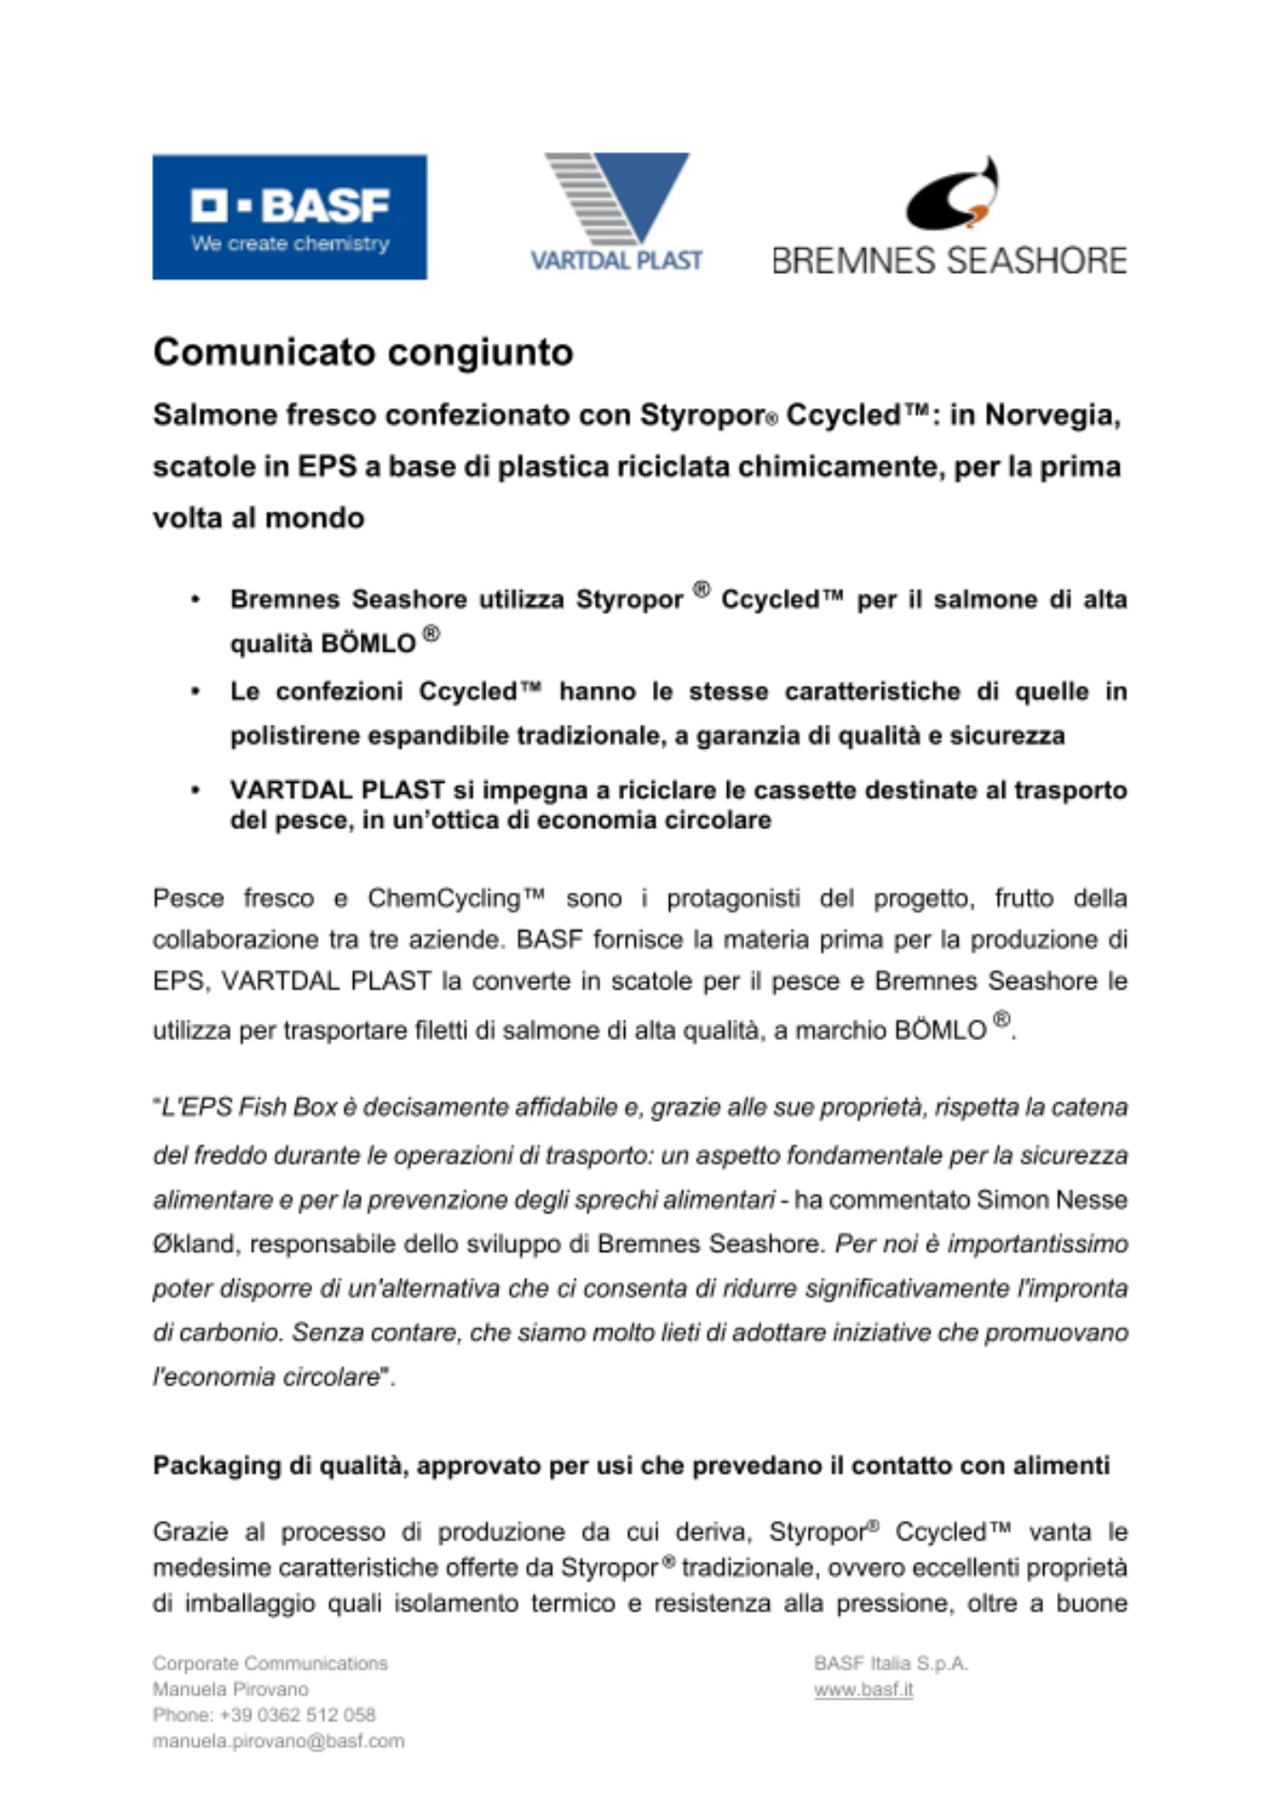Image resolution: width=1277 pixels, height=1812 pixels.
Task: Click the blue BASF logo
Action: (290, 217)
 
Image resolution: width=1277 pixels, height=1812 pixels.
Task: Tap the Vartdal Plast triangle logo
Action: (618, 199)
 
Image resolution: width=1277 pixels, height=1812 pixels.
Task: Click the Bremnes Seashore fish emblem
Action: (953, 194)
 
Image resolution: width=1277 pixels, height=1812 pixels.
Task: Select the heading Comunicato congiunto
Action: (363, 352)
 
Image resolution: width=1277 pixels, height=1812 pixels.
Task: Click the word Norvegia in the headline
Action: (1052, 415)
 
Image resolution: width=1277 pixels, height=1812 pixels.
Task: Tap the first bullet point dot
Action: (195, 600)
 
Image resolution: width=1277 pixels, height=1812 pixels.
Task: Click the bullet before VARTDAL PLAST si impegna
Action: (195, 790)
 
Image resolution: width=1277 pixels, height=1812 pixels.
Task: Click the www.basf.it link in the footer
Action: (863, 1690)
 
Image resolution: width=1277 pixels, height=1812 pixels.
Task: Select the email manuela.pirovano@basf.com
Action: (278, 1741)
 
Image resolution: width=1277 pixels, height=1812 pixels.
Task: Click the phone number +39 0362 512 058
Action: (297, 1715)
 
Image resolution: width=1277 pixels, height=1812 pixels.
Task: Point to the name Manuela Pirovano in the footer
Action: (230, 1690)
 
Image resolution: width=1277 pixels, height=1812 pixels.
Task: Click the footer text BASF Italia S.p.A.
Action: (890, 1663)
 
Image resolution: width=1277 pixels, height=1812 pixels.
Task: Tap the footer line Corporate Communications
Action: (270, 1663)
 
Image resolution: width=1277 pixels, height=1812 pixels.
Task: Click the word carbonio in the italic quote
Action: (230, 1333)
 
